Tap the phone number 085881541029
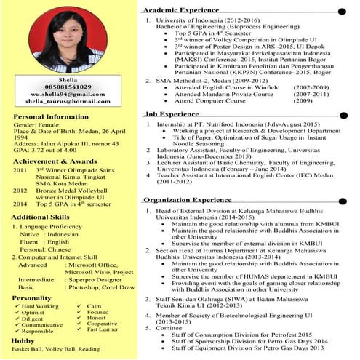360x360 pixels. pos(70,87)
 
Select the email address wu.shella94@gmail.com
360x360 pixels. pos(70,95)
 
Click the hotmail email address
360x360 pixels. pos(70,102)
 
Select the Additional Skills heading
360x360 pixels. pos(43,217)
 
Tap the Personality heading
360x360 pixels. pos(32,298)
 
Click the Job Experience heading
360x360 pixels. pos(171,114)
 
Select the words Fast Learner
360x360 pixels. pos(104,329)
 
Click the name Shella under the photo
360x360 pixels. pos(70,79)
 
